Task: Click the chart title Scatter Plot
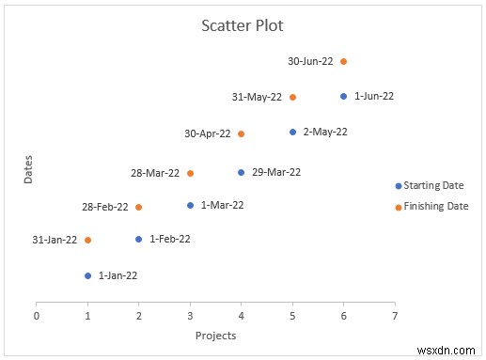[242, 25]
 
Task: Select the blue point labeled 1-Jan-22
[87, 275]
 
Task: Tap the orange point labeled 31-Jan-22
[87, 240]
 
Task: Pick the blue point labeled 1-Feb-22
[139, 240]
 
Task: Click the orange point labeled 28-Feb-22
[139, 207]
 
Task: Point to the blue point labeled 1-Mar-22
[190, 205]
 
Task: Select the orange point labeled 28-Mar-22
[190, 173]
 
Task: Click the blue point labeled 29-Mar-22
[242, 172]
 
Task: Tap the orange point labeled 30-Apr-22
[242, 133]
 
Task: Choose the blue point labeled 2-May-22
[292, 132]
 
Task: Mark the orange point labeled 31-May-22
[292, 97]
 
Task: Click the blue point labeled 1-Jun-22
[343, 96]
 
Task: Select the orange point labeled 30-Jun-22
[343, 61]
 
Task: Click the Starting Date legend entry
[433, 186]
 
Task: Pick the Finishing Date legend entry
[435, 207]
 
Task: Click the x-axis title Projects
[215, 336]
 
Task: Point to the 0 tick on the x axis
[37, 315]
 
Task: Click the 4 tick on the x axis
[241, 315]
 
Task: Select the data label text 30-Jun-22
[310, 62]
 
